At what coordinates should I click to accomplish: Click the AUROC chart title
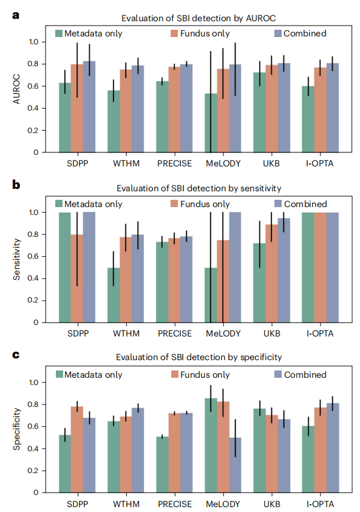point(199,18)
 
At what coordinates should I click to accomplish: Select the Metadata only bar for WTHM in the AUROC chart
point(114,121)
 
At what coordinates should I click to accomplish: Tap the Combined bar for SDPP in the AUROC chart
point(89,107)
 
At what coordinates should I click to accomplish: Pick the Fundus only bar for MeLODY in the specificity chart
point(223,447)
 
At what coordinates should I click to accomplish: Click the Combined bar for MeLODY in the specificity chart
point(235,465)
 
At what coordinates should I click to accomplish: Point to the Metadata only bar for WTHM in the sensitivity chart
point(114,295)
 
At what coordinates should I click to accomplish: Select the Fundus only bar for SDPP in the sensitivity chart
point(77,279)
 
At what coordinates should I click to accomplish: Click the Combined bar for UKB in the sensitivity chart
point(284,270)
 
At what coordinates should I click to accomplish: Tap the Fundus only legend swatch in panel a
point(174,33)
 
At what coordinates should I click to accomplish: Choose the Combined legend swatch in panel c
point(278,374)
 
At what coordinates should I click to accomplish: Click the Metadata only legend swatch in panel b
point(59,203)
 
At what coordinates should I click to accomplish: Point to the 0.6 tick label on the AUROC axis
point(33,86)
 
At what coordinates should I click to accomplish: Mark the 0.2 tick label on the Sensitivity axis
point(33,300)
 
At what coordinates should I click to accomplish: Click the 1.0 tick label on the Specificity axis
point(33,383)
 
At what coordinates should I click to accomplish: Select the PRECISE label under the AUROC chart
point(174,163)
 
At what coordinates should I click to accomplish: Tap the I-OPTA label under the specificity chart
point(320,504)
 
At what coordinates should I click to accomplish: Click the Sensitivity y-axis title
point(16,259)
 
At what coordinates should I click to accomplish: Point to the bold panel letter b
point(16,185)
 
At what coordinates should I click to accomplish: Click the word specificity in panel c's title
point(261,357)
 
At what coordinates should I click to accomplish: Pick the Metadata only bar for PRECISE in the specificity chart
point(162,465)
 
